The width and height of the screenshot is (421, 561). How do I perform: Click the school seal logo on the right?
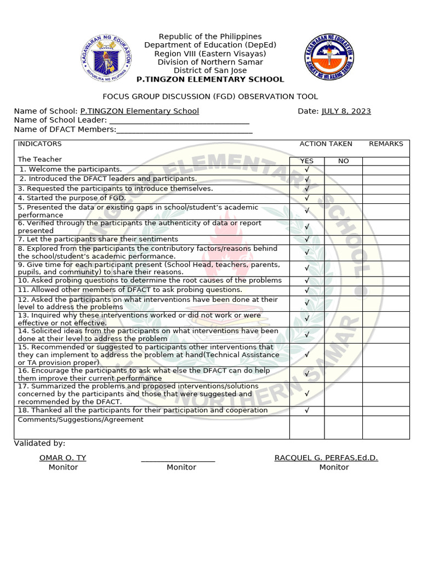pos(329,56)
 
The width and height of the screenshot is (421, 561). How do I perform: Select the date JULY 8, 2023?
pos(346,111)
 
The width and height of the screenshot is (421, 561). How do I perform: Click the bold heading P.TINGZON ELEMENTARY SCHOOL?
pos(210,79)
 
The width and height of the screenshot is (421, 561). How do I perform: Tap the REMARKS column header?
pos(386,144)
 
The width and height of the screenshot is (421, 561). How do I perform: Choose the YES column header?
pos(307,161)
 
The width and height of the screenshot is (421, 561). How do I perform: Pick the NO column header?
pos(343,161)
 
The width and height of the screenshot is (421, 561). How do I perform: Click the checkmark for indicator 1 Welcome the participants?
pos(307,170)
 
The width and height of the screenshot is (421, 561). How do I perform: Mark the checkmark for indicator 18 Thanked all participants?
pos(307,410)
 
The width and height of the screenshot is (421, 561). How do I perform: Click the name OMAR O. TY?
pos(62,458)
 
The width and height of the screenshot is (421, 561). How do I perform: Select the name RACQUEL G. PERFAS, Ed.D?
pos(326,458)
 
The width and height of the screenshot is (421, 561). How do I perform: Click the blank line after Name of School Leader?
pos(179,121)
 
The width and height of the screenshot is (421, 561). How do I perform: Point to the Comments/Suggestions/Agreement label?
pos(81,420)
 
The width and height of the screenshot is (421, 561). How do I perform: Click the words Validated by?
pos(39,443)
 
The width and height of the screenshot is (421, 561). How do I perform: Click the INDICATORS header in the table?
pos(40,144)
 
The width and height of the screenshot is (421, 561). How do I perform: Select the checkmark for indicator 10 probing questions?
pos(307,280)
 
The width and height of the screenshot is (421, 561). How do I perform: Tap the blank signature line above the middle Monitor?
pos(178,459)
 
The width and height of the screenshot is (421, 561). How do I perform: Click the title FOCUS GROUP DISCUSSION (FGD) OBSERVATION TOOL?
pos(210,96)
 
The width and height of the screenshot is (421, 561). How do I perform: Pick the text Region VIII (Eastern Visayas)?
pos(210,54)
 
